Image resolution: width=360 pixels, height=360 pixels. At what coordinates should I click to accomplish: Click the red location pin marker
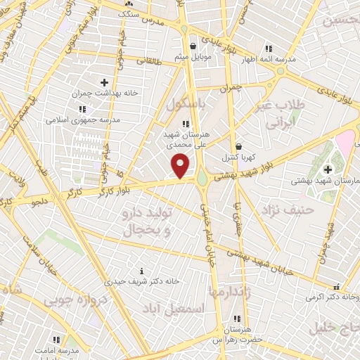click(181, 167)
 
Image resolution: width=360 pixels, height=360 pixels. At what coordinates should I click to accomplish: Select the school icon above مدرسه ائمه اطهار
click(268, 49)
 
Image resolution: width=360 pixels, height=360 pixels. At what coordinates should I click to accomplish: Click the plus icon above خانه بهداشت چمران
click(104, 83)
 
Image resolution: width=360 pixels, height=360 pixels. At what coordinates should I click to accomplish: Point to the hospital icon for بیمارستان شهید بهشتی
click(328, 169)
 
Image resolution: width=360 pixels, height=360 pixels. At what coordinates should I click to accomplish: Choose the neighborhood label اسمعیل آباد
click(182, 307)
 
